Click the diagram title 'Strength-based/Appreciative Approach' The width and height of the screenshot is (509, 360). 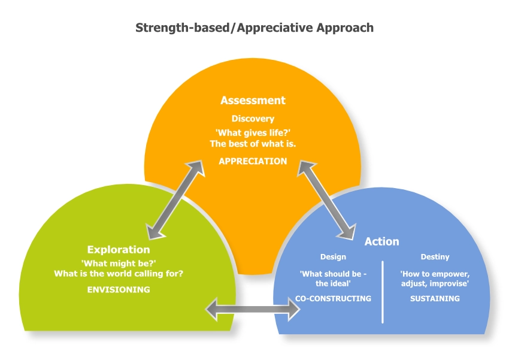[x=255, y=28]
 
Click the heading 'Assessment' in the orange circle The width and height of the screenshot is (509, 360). [x=253, y=100]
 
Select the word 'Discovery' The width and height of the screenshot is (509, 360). [x=253, y=119]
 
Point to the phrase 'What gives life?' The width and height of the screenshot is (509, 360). [x=253, y=132]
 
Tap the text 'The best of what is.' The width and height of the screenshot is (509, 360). [x=253, y=144]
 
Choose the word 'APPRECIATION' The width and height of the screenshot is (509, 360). [x=253, y=161]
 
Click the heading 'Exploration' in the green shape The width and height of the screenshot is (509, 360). [x=119, y=249]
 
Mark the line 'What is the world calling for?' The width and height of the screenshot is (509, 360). [x=119, y=274]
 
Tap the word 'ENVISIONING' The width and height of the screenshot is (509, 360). [x=119, y=289]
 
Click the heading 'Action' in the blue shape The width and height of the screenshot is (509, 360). [x=382, y=241]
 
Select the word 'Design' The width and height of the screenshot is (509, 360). [x=333, y=257]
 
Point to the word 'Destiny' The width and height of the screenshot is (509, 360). [x=435, y=257]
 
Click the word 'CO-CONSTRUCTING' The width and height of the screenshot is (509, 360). [x=333, y=298]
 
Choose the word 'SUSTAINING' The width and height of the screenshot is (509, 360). [x=435, y=298]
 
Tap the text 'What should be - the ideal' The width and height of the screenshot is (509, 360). [x=333, y=278]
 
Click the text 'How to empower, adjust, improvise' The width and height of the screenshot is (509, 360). [x=435, y=278]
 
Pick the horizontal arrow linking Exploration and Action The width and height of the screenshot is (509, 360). [x=253, y=309]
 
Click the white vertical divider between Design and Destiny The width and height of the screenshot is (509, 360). [x=383, y=292]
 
